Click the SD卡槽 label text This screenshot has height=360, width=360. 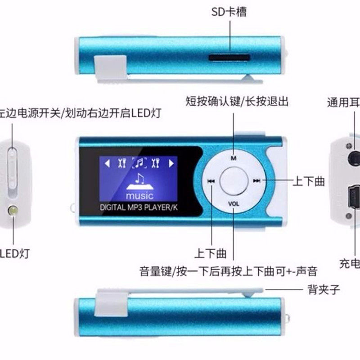click(x=229, y=11)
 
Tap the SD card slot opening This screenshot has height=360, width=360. click(x=229, y=57)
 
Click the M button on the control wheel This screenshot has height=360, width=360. click(x=234, y=158)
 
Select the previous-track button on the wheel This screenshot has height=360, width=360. click(x=210, y=181)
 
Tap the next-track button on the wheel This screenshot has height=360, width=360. click(x=257, y=181)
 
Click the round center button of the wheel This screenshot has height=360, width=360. click(x=234, y=180)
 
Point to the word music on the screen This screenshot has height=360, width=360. click(x=139, y=196)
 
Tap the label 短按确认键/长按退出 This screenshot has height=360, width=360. click(x=237, y=101)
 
